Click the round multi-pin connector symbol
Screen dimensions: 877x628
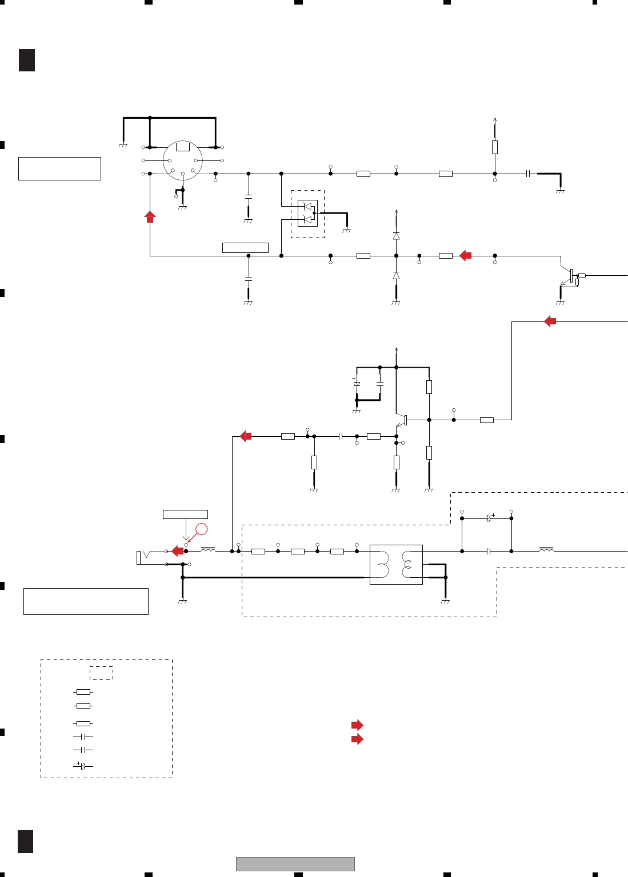pos(183,160)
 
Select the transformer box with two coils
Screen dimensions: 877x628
pos(396,564)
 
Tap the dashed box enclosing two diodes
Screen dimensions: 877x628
pos(307,214)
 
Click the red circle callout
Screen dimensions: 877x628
pos(201,529)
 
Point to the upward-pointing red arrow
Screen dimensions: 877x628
pos(150,217)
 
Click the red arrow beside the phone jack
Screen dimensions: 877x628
pos(178,551)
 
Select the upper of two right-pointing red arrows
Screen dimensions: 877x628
pos(357,725)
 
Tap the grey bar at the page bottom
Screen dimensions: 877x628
pos(295,864)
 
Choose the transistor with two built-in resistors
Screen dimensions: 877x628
pos(573,276)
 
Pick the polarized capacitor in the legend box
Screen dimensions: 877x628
pos(83,765)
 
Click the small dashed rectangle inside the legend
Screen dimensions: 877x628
pos(101,673)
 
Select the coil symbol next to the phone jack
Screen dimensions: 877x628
pos(208,550)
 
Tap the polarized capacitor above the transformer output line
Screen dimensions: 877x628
pos(489,518)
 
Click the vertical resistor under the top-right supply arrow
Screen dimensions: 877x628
pos(495,147)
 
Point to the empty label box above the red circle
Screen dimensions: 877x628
pos(185,514)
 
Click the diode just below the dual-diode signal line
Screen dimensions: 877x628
pos(396,275)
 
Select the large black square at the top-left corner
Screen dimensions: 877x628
pos(27,60)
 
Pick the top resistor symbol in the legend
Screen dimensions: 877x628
pos(83,691)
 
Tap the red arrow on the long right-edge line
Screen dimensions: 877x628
pos(550,321)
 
